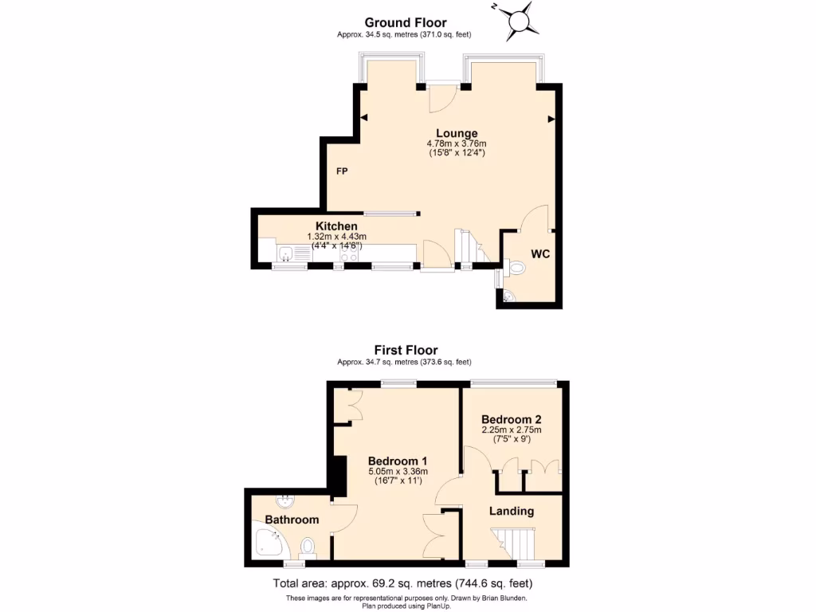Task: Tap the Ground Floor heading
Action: pos(406,22)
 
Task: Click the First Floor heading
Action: pos(406,350)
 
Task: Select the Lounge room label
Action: pos(457,133)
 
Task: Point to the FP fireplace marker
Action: pos(341,171)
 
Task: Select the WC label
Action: pos(540,254)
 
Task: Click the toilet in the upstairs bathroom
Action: pos(308,547)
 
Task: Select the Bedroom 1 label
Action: pos(398,461)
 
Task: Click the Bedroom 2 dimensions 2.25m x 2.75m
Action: pos(511,430)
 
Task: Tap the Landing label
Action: pos(511,511)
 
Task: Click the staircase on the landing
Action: pos(512,544)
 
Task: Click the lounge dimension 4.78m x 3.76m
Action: pos(457,143)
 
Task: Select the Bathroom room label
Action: pos(292,520)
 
